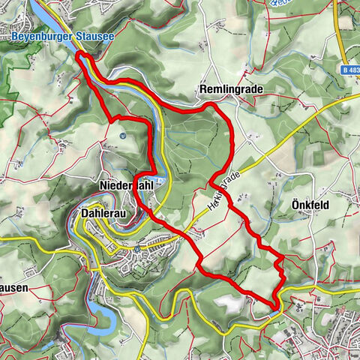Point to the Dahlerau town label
[101, 213]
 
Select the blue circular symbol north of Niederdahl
[122, 136]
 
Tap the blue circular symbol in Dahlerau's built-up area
[139, 248]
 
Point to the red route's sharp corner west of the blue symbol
[111, 118]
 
